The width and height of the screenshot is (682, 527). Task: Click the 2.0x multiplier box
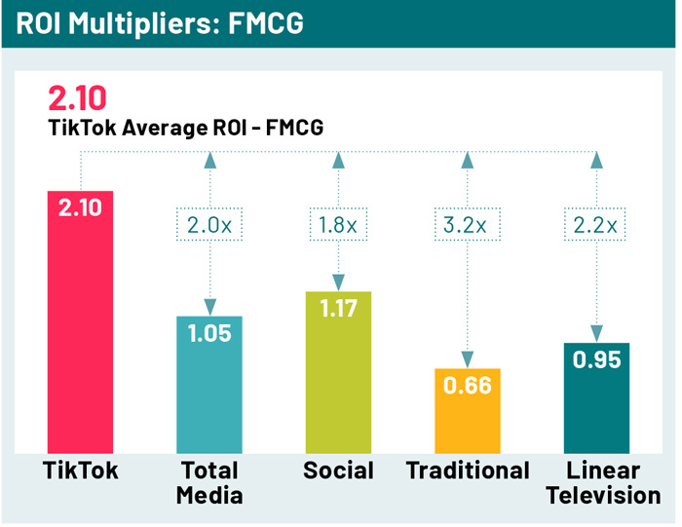tap(208, 224)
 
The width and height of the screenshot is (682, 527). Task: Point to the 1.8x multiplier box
tap(338, 224)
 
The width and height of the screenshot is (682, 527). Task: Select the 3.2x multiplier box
tap(468, 224)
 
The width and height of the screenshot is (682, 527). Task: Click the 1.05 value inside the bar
tap(208, 334)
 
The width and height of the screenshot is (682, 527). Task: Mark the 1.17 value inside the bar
tap(338, 310)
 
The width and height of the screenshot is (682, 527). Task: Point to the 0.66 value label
tap(468, 385)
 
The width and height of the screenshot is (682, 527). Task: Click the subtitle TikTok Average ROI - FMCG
tap(185, 129)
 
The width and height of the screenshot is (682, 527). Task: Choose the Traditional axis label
tap(468, 471)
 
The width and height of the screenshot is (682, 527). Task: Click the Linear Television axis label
tap(603, 482)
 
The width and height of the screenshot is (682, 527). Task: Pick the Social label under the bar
tap(338, 471)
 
